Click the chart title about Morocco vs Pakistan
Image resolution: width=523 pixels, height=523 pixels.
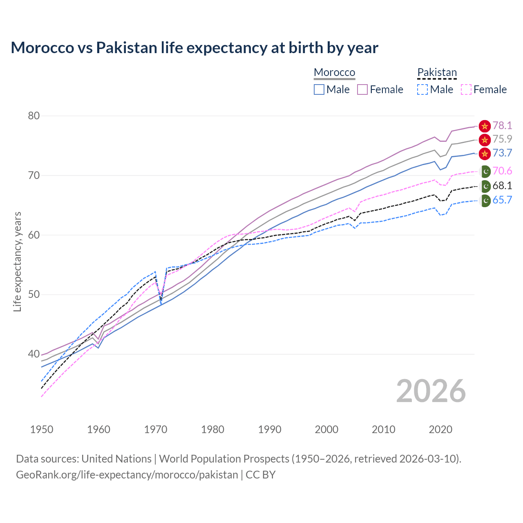pos(194,48)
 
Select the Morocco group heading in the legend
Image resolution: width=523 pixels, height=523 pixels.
pos(334,72)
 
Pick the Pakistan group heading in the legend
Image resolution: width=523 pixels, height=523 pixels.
pos(437,72)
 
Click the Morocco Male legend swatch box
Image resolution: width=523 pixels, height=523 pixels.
pos(319,89)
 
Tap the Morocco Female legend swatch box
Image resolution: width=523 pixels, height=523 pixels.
pos(362,89)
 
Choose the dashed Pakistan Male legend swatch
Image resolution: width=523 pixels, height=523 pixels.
pos(422,89)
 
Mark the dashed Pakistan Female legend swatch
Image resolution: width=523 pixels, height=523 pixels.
pos(466,89)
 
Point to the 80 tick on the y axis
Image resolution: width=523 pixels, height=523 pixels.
pos(34,116)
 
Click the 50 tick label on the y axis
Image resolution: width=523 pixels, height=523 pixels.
pos(34,295)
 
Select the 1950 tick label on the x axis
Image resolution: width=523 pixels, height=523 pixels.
pos(42,429)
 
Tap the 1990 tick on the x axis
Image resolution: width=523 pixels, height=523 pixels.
pos(270,429)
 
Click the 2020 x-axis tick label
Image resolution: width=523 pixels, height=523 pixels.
pos(440,429)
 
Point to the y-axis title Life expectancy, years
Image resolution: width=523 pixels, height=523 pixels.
pos(17,261)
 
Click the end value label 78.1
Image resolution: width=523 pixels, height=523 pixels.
pos(502,125)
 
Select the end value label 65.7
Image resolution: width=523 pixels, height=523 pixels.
pos(502,200)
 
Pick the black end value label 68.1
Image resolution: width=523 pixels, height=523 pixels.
pos(502,186)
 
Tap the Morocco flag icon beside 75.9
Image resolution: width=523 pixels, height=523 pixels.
pos(485,140)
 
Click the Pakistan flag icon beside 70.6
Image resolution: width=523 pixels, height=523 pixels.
pos(485,171)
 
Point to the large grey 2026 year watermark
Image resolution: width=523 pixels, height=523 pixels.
pos(431,391)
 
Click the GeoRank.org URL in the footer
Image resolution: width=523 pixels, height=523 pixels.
pos(127,475)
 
